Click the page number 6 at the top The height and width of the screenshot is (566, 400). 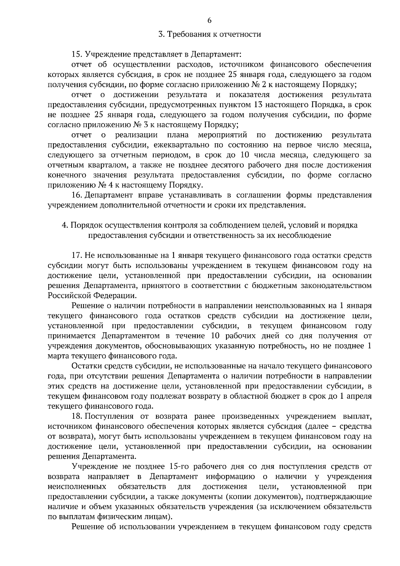coord(209,21)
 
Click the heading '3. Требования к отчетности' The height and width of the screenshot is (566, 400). coord(209,34)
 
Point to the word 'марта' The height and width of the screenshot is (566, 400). coord(58,356)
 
